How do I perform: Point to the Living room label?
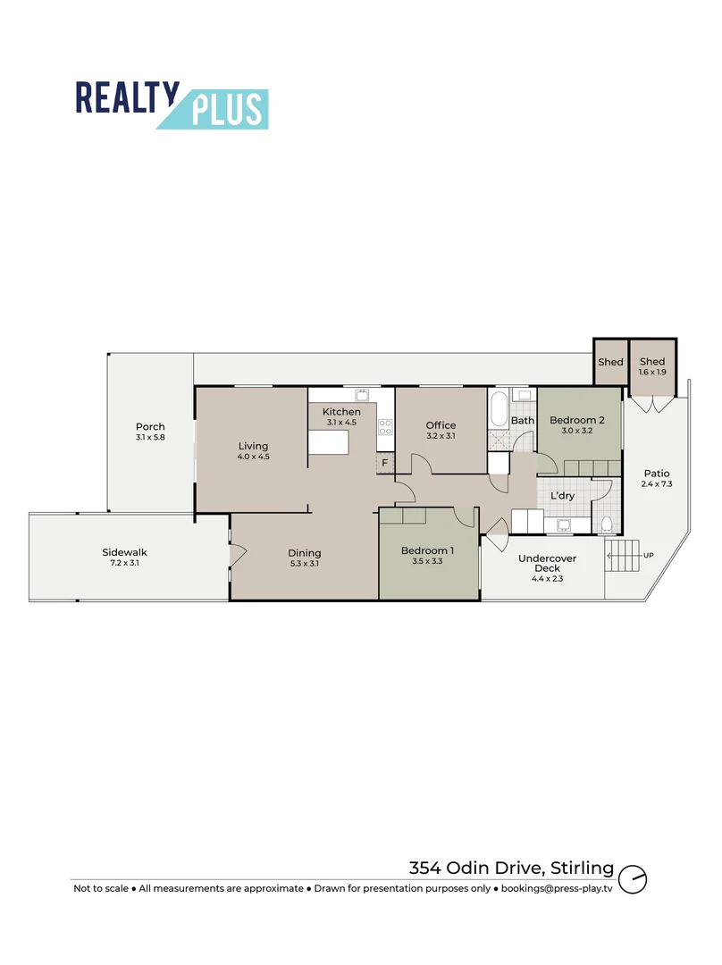tap(253, 447)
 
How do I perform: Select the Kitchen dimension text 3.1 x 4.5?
tap(342, 422)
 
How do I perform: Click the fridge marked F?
tap(385, 463)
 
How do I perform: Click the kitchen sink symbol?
tap(363, 394)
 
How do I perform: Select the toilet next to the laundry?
tap(607, 524)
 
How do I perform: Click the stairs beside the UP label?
tap(624, 557)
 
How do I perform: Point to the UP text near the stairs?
tap(649, 556)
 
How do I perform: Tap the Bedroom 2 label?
tap(577, 420)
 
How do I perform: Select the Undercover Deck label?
tap(547, 563)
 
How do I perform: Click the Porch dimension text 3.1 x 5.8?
tap(150, 437)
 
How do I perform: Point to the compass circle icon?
tap(633, 878)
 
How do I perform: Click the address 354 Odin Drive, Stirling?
tap(512, 868)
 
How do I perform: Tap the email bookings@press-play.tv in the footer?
tap(556, 889)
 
